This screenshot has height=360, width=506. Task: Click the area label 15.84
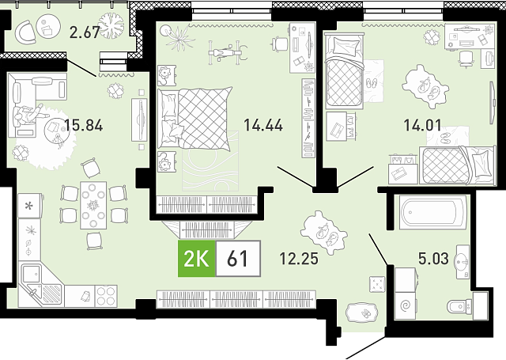84,125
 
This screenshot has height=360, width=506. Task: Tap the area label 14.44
263,125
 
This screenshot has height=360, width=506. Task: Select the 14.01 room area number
423,125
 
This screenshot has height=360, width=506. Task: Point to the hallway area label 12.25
299,259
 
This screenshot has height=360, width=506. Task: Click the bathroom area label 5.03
433,259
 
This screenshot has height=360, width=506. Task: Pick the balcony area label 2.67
85,32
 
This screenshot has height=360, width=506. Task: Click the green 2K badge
197,259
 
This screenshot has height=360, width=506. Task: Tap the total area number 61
237,259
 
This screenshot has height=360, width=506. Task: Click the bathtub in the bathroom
432,212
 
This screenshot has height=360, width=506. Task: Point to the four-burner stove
106,296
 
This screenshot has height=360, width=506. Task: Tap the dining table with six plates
93,206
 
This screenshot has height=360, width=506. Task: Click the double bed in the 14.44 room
195,118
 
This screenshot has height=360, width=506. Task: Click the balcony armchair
26,32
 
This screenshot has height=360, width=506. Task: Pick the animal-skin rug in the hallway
323,233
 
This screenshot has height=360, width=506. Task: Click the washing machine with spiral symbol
406,305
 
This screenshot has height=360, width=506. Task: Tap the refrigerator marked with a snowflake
30,206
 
